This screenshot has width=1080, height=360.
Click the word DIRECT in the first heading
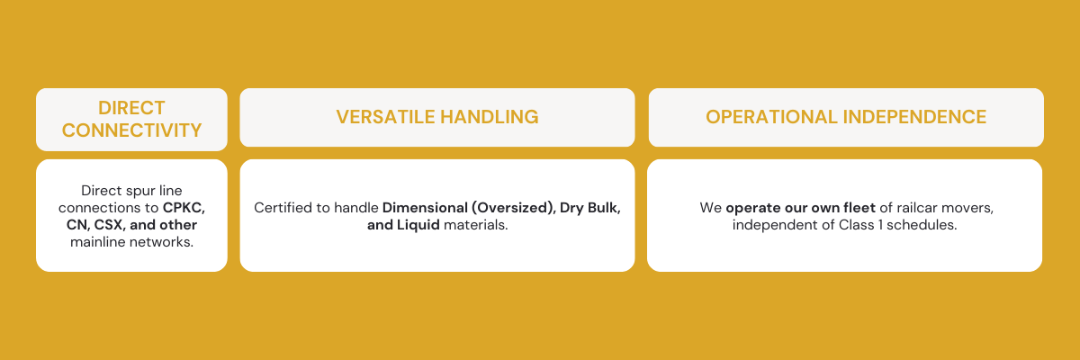coord(131,107)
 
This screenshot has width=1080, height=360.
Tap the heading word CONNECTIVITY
coord(131,130)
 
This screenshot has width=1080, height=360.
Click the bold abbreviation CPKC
coord(196,208)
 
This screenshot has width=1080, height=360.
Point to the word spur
coord(134,191)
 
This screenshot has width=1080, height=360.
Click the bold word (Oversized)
coord(515,208)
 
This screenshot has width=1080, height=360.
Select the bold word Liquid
coord(417,225)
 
